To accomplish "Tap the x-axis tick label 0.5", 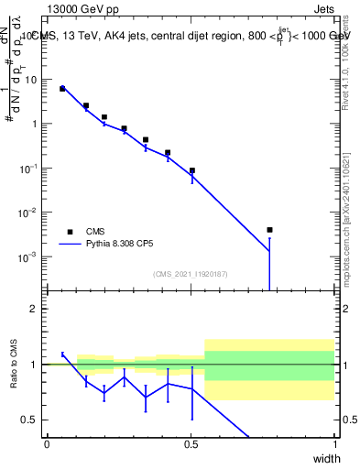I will (x=191, y=443).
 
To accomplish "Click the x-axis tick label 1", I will (x=334, y=443).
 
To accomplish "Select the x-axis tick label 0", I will (x=47, y=443).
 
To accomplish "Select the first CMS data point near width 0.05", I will (x=62, y=89).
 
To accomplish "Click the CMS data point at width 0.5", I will (x=192, y=170).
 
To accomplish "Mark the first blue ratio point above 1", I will (x=62, y=354).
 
